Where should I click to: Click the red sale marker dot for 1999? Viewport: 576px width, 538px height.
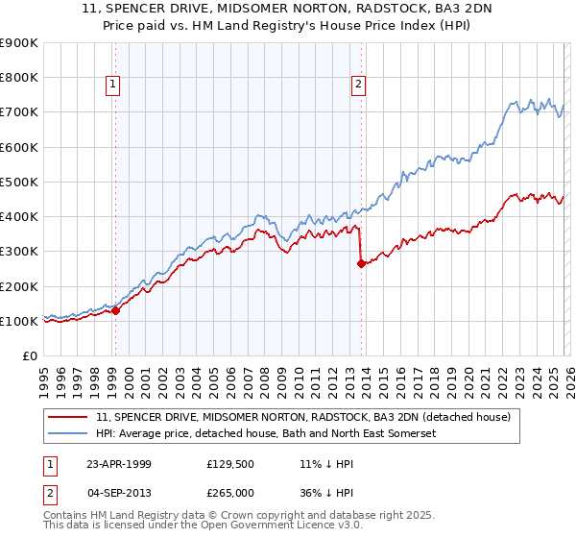point(115,310)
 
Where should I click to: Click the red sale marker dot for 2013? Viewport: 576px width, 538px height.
point(360,263)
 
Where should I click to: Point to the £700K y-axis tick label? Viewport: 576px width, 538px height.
point(19,112)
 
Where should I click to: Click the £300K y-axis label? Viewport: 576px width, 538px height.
point(19,252)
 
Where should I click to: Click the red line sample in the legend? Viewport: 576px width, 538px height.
point(68,417)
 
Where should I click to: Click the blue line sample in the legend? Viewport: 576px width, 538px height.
point(68,434)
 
